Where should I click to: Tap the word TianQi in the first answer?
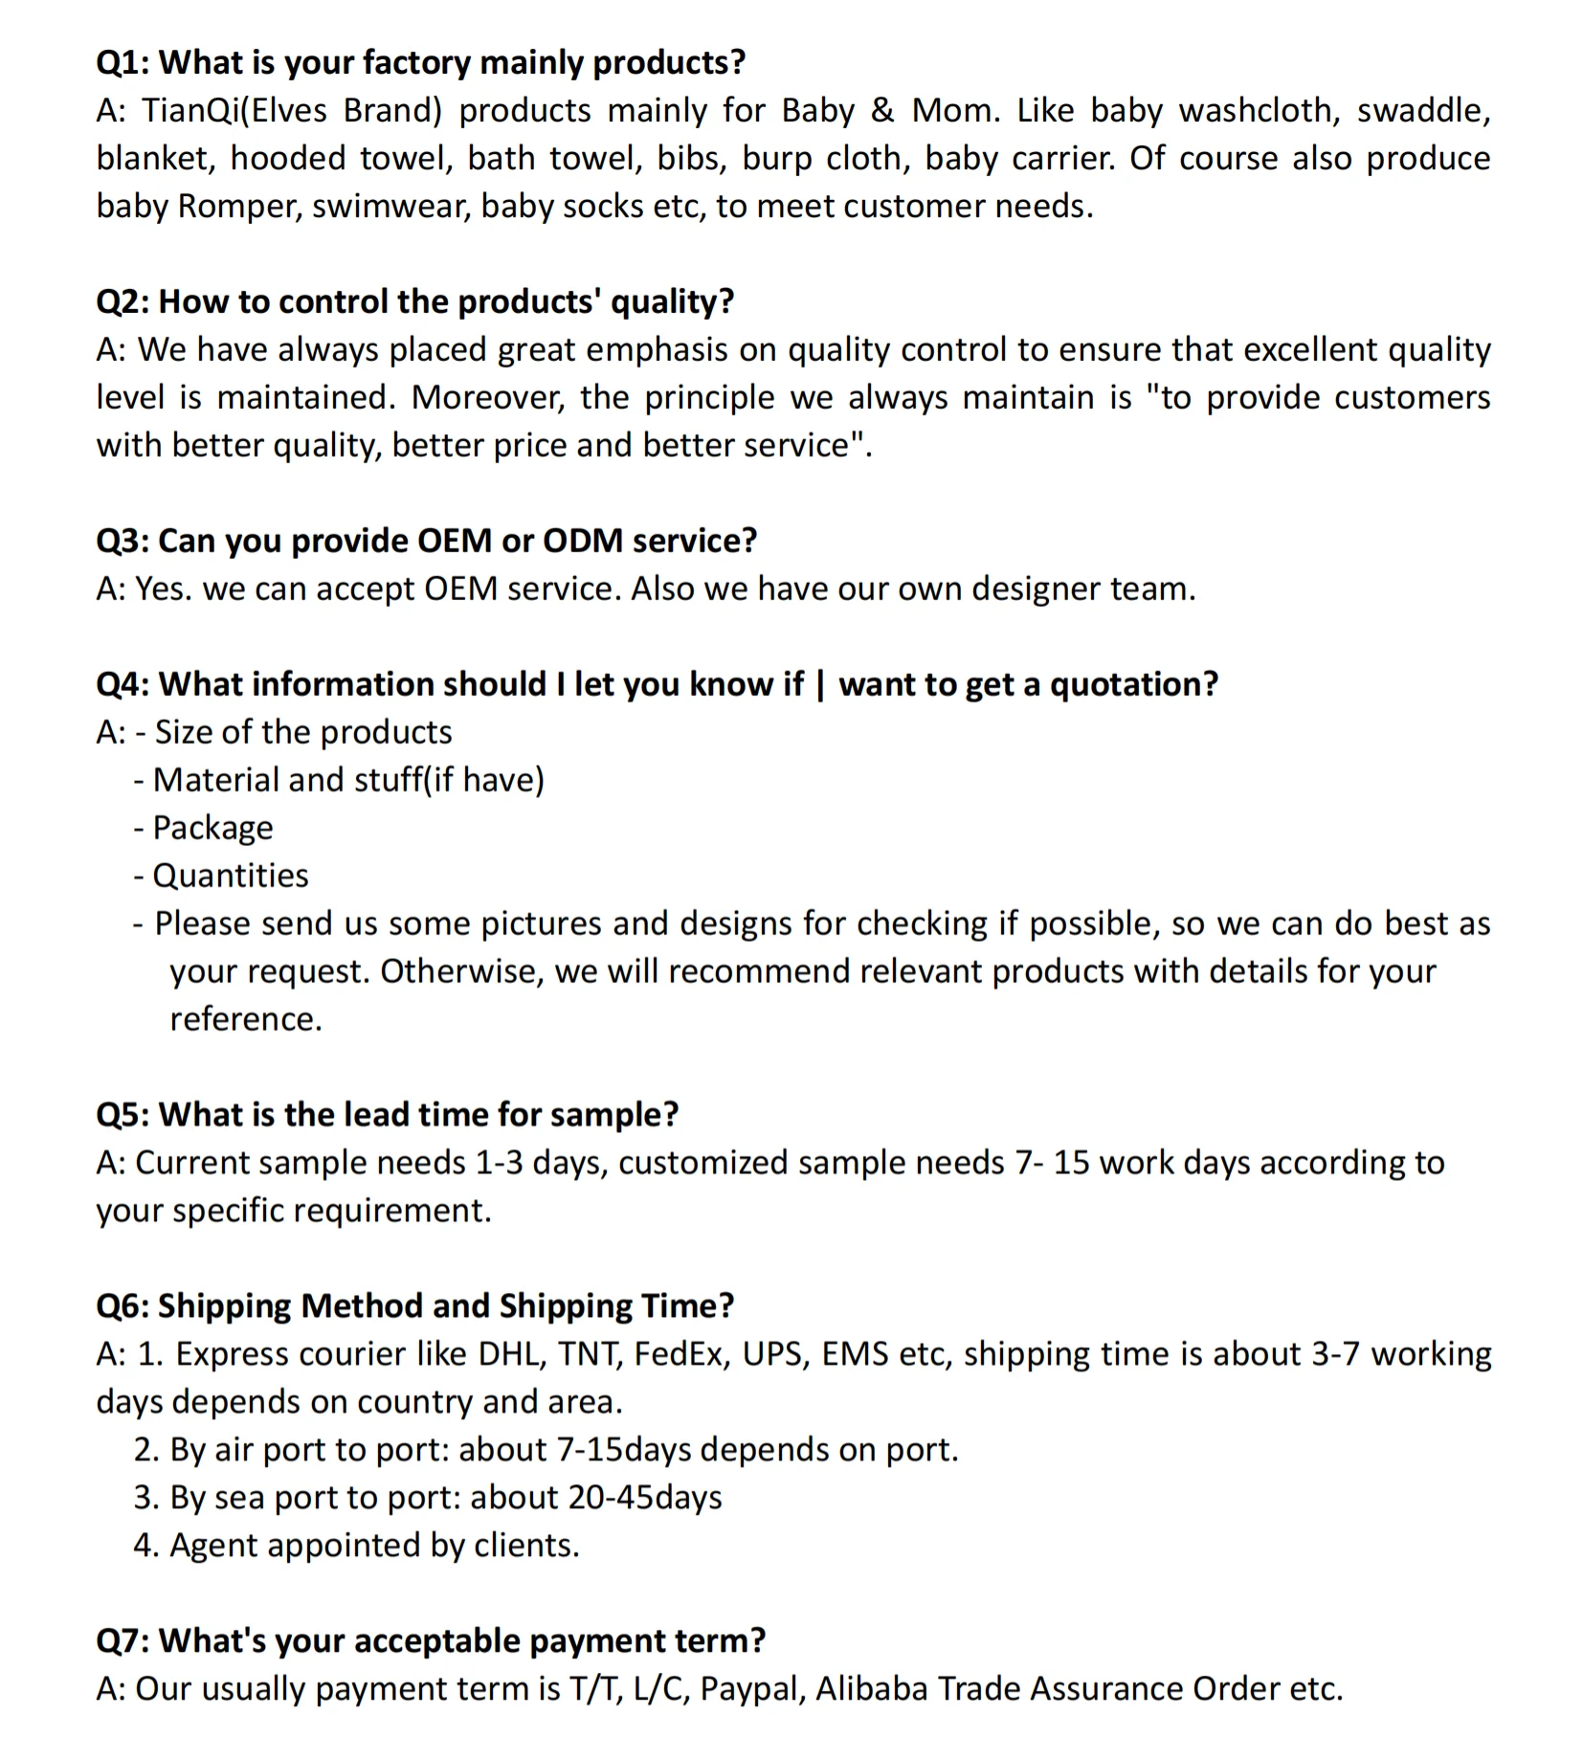[x=190, y=111]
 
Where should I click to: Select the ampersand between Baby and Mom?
[x=881, y=111]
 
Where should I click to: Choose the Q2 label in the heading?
[x=121, y=301]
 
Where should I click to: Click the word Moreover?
[x=487, y=398]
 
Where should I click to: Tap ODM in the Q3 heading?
[x=583, y=541]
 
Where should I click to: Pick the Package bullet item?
[x=212, y=829]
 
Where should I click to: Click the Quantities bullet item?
[x=231, y=877]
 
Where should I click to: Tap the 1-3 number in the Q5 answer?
[x=499, y=1164]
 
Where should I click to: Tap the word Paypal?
[x=750, y=1690]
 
